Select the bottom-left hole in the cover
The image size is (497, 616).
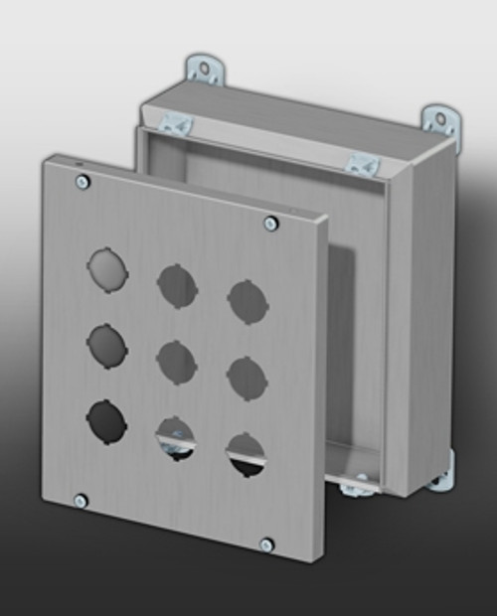tap(106, 421)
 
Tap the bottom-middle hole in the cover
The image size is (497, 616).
tap(175, 438)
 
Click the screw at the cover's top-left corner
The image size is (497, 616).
tap(83, 181)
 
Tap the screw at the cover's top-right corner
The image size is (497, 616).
tap(270, 224)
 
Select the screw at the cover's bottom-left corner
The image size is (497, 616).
tap(82, 501)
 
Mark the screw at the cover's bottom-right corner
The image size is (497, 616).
tap(265, 544)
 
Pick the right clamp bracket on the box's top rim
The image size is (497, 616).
tap(362, 164)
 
